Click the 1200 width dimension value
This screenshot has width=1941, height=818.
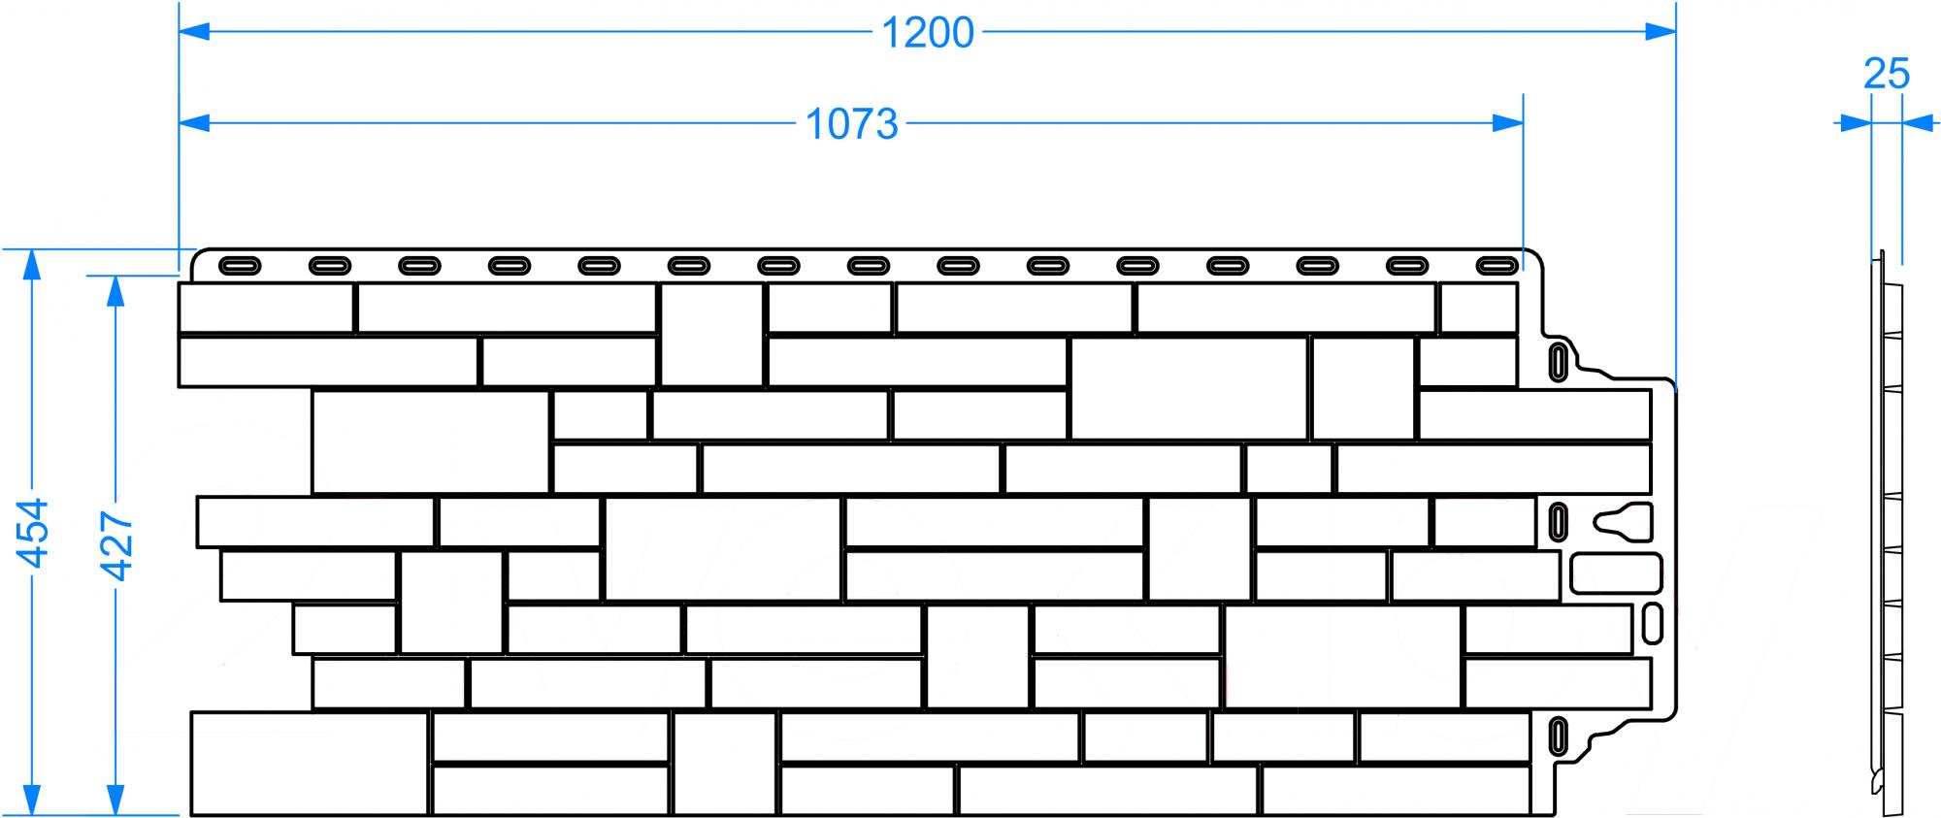point(927,33)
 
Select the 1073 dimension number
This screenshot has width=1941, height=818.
point(852,124)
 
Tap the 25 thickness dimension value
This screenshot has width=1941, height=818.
point(1887,74)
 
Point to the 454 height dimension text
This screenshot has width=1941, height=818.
point(33,533)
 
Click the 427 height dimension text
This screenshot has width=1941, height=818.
point(116,546)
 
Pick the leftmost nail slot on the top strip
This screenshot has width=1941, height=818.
point(240,265)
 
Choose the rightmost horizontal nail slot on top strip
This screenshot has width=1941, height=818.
point(1497,265)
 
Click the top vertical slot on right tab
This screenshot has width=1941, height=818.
point(1557,361)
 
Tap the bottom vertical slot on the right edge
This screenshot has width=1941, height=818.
point(1557,735)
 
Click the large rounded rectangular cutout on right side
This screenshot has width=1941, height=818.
point(1616,573)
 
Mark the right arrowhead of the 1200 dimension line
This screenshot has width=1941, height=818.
point(1661,33)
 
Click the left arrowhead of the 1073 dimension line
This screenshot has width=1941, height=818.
point(195,123)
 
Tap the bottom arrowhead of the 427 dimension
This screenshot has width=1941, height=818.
point(116,800)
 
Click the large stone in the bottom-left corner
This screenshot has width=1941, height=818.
point(310,764)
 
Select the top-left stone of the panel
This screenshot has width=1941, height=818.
point(266,309)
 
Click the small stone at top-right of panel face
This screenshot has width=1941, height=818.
point(1478,309)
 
